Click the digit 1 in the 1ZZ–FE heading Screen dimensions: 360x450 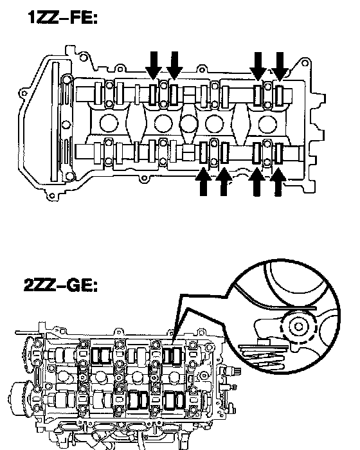[32, 17]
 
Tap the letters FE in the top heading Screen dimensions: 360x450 [84, 17]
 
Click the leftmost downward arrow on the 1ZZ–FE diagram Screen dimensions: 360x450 [154, 65]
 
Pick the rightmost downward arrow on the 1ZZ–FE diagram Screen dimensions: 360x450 [280, 66]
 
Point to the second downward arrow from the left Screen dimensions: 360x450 [174, 65]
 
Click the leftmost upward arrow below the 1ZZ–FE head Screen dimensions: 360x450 [203, 182]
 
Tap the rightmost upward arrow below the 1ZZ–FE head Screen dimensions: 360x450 [278, 182]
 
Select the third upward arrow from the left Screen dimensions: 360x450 [256, 182]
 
